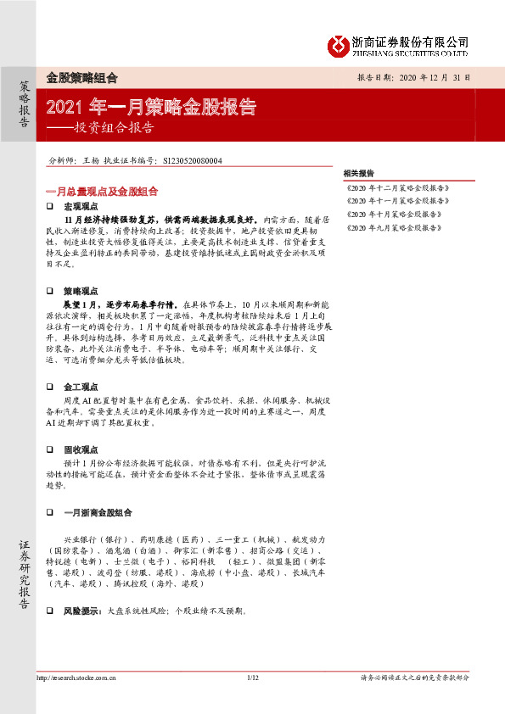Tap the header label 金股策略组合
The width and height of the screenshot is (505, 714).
click(81, 77)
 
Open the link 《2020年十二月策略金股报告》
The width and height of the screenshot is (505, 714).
click(398, 187)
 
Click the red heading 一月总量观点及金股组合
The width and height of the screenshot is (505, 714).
click(102, 192)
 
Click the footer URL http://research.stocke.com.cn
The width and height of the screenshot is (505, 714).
click(76, 678)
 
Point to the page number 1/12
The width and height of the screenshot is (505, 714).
click(251, 678)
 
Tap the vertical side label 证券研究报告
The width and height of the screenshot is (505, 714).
click(25, 576)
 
